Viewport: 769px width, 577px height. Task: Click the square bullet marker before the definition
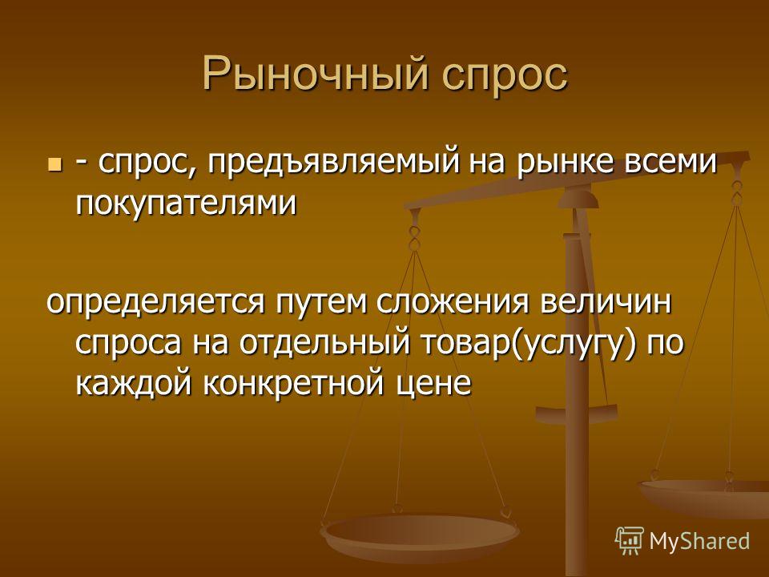pyautogui.click(x=55, y=163)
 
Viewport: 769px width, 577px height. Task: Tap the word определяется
pyautogui.click(x=155, y=303)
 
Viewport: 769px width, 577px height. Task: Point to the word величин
pyautogui.click(x=606, y=301)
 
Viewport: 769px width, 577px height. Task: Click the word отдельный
pyautogui.click(x=324, y=344)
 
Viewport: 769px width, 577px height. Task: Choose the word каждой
pyautogui.click(x=134, y=384)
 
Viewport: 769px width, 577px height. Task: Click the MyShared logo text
pyautogui.click(x=700, y=541)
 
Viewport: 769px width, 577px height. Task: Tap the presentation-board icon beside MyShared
pyautogui.click(x=630, y=540)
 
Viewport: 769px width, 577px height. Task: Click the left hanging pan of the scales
pyautogui.click(x=419, y=537)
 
